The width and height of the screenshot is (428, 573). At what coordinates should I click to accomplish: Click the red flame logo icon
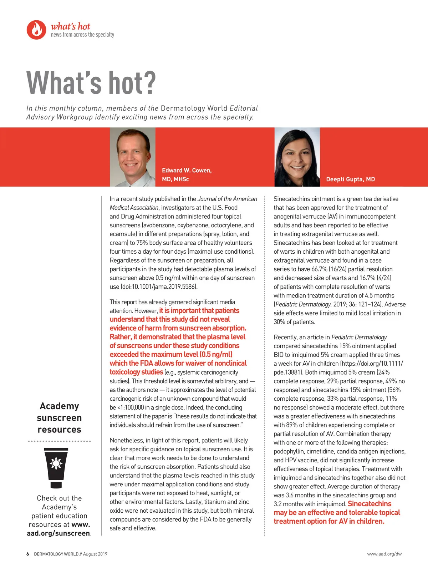(36, 30)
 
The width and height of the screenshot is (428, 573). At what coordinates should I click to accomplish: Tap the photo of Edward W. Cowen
(132, 157)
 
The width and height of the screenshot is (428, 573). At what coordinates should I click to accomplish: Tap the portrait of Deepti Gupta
(297, 157)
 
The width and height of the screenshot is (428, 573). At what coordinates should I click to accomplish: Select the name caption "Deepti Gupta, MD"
(350, 179)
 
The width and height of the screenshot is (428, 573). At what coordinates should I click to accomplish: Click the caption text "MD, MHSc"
(175, 179)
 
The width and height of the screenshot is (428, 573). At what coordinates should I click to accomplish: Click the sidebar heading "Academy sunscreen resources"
(59, 418)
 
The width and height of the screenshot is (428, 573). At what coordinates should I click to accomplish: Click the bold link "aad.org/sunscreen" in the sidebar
(58, 533)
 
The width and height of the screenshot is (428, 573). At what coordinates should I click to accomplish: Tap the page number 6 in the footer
(28, 554)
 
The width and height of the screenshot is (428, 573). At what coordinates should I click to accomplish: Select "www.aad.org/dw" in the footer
(384, 554)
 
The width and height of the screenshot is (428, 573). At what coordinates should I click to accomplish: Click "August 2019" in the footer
(95, 554)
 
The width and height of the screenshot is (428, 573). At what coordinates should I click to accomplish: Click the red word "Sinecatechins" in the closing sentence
(369, 504)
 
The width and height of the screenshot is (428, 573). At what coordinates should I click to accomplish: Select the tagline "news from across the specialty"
(82, 35)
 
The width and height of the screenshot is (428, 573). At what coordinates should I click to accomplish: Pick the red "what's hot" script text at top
(70, 26)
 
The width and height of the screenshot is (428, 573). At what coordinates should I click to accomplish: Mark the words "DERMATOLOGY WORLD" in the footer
(56, 554)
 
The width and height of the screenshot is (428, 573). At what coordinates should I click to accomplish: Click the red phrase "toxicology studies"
(136, 372)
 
